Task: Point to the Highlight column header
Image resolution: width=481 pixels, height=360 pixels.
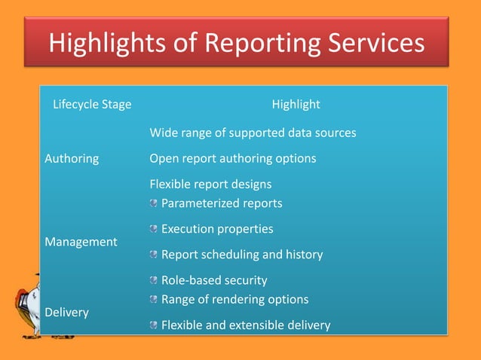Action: [296, 104]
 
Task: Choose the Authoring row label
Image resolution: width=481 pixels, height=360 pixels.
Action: [72, 159]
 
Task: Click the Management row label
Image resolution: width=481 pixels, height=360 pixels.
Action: [81, 242]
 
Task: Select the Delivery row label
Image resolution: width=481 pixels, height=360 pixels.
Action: [66, 312]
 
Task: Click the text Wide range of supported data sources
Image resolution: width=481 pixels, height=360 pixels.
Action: [253, 133]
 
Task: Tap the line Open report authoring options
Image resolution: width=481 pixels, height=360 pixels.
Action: [232, 159]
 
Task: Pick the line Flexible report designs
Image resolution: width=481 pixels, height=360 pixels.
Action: [210, 184]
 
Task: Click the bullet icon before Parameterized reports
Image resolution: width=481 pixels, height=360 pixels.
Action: [154, 203]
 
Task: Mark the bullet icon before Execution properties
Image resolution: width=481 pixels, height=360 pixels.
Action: [154, 229]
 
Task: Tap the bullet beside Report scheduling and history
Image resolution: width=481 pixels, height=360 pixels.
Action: [154, 255]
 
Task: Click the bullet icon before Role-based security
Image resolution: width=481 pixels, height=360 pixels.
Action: [154, 281]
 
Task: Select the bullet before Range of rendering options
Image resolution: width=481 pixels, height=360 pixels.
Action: [154, 300]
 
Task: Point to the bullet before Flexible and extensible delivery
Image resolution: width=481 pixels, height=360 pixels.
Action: [154, 325]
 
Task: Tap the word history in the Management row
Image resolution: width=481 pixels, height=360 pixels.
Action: [302, 255]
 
